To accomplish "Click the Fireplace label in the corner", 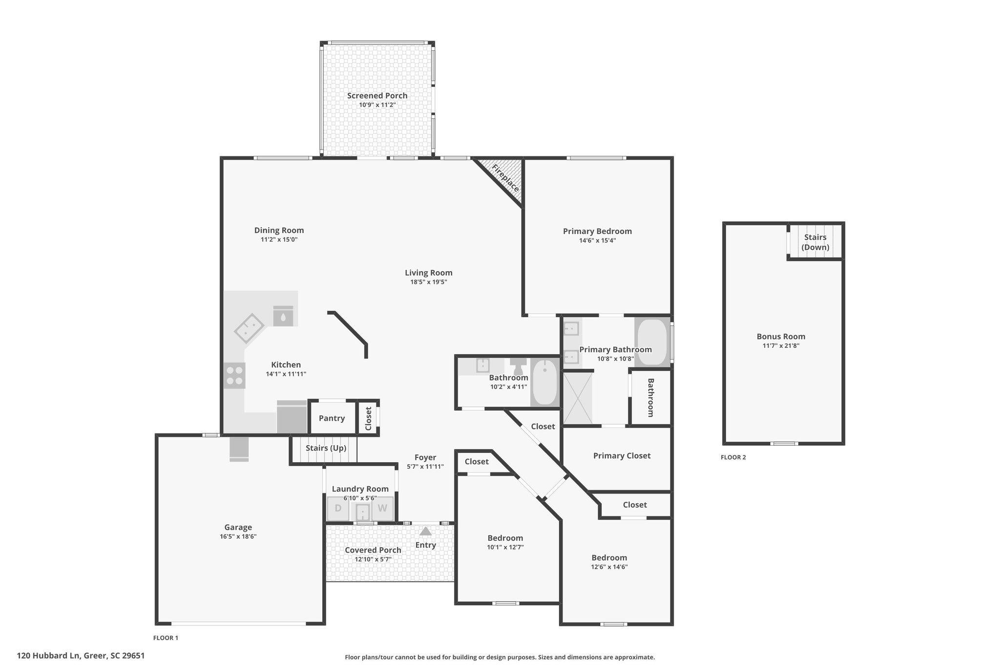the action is [505, 178].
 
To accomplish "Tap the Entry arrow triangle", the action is [426, 531].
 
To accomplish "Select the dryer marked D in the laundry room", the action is [338, 508].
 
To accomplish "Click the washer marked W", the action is [382, 508].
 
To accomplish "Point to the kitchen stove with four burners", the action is [234, 375].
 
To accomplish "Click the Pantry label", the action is [332, 418].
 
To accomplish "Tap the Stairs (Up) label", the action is [326, 448].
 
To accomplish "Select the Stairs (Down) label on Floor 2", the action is [815, 242].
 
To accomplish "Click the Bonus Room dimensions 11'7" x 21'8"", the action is [781, 346].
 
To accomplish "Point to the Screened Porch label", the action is [377, 96].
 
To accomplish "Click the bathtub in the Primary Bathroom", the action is [652, 342].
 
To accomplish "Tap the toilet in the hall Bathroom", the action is [519, 366].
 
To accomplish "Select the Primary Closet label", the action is [622, 456].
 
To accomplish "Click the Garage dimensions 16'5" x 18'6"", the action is [238, 537].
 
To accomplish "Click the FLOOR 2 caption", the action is [733, 457].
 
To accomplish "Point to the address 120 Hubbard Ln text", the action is [49, 656].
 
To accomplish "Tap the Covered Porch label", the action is [373, 550].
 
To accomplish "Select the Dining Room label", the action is [279, 230].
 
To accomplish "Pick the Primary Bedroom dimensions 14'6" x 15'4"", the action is [597, 240].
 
